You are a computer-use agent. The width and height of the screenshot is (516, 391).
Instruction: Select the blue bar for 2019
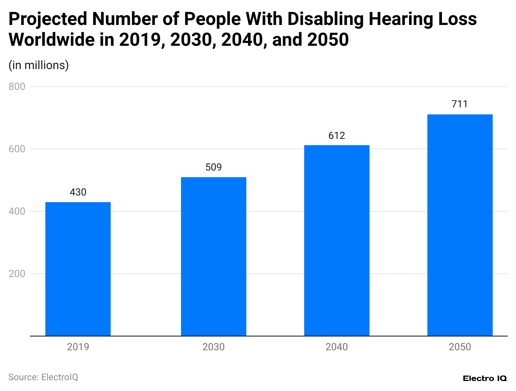tap(78, 269)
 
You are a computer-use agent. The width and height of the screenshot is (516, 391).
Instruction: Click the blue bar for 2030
tap(213, 256)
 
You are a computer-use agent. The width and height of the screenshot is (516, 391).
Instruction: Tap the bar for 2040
tap(337, 240)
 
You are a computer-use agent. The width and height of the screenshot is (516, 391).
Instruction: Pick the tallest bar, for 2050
tap(460, 225)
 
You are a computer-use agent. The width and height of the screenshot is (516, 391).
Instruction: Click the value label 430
tap(78, 193)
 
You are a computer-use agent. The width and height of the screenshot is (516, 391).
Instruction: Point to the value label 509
tap(213, 168)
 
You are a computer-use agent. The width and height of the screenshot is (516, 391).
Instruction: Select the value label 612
tap(337, 136)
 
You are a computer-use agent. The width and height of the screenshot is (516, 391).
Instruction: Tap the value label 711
tap(460, 104)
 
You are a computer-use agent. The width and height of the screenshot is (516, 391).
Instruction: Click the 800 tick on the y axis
tap(17, 87)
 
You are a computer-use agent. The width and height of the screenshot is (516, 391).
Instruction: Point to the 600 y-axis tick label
tap(17, 149)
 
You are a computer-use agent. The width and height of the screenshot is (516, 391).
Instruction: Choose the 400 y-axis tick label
tap(17, 211)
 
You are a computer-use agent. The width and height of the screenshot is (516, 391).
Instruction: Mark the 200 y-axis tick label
tap(17, 274)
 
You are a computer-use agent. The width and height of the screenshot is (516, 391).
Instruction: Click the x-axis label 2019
tap(78, 347)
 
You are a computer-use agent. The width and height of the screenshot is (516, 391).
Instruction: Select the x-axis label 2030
tap(213, 347)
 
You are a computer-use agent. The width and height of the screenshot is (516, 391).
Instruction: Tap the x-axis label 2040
tap(337, 347)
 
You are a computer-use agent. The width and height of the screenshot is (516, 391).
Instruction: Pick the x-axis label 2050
tap(460, 347)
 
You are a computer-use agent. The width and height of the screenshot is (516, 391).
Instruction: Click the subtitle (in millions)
tap(39, 65)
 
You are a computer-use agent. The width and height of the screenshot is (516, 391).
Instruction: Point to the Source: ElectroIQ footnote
tap(43, 377)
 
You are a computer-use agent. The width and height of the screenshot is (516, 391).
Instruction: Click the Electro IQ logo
tap(484, 378)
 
